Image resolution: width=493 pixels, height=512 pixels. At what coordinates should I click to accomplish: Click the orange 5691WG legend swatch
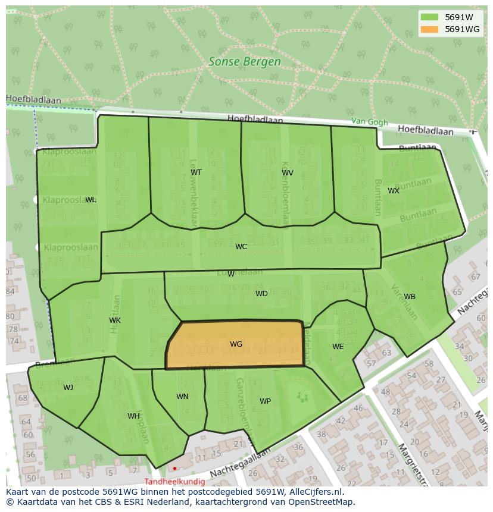pos(429,29)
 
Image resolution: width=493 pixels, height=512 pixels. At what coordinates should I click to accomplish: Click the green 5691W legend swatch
pos(429,17)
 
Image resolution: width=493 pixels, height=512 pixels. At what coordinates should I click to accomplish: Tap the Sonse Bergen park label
pos(245,61)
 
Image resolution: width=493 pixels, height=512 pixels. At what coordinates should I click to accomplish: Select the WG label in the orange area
pos(236,344)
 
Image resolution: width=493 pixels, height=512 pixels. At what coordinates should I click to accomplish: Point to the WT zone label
pos(196,172)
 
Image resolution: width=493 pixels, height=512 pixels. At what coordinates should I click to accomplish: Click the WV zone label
pos(288,173)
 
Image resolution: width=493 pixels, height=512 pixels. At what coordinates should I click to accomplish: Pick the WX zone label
pos(394,191)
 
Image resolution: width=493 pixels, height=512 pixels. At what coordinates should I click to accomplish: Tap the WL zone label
pos(91,200)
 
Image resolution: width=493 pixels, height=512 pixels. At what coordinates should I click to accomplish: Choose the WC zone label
pos(241,247)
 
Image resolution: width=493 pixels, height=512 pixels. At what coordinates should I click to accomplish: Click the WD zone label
pos(261,294)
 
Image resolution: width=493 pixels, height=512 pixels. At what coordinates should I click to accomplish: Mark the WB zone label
pos(410,297)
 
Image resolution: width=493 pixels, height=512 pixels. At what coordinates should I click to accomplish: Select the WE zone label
pos(338,347)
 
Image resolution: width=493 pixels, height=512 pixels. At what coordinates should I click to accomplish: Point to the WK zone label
pos(115,321)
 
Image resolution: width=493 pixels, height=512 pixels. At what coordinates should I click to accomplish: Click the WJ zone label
pos(68,388)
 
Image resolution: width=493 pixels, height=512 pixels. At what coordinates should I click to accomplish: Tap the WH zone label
pos(133,416)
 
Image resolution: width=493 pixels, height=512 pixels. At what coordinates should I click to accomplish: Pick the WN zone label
pos(182,397)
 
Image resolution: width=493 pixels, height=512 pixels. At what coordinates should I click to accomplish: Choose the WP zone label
pos(265,401)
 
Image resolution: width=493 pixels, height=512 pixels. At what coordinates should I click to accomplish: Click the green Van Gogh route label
pos(369,121)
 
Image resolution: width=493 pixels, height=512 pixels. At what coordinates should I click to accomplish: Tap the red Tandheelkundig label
pos(174,482)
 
